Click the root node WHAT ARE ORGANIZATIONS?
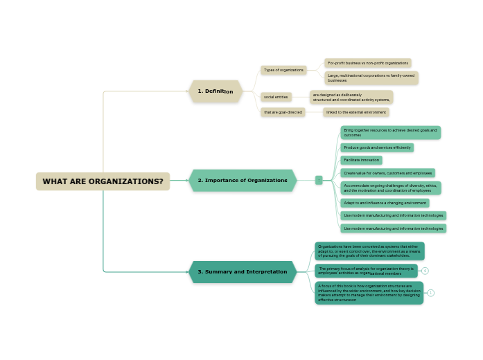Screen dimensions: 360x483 click(x=103, y=181)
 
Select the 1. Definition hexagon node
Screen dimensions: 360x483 click(x=216, y=91)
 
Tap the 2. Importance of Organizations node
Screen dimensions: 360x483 click(x=243, y=181)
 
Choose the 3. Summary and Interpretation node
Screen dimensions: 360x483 click(x=243, y=272)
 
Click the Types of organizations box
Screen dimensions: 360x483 click(x=283, y=70)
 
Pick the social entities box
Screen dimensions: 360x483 click(x=276, y=97)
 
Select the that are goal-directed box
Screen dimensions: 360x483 click(x=283, y=112)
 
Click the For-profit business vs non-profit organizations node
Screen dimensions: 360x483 click(x=368, y=63)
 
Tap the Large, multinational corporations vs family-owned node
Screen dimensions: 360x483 click(x=371, y=78)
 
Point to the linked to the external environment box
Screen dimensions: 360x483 click(x=356, y=112)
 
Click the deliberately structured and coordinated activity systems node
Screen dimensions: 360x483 click(x=351, y=97)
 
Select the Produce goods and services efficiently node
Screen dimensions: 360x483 click(x=377, y=147)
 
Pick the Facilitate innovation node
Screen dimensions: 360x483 click(x=361, y=160)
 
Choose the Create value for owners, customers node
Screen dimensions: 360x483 click(x=387, y=173)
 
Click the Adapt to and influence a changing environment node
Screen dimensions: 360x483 click(x=385, y=203)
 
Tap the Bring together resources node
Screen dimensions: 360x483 click(x=390, y=132)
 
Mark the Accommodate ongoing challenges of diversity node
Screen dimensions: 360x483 click(x=390, y=188)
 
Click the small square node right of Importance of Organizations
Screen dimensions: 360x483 click(x=319, y=180)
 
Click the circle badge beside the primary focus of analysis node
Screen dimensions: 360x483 click(x=425, y=271)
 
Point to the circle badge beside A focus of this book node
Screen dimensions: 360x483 click(x=431, y=293)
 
